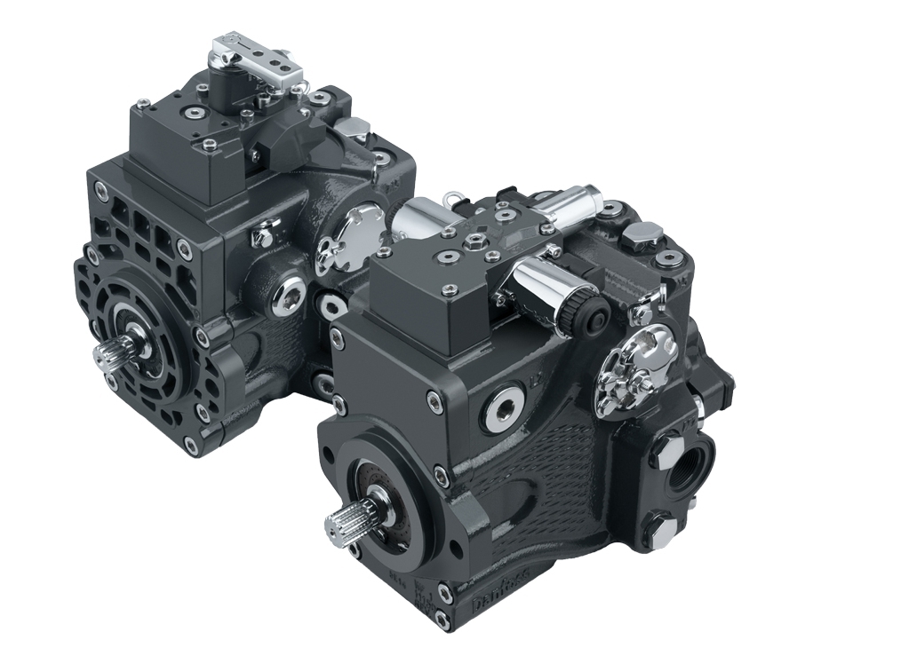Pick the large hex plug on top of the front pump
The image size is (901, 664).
coord(642,234)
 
